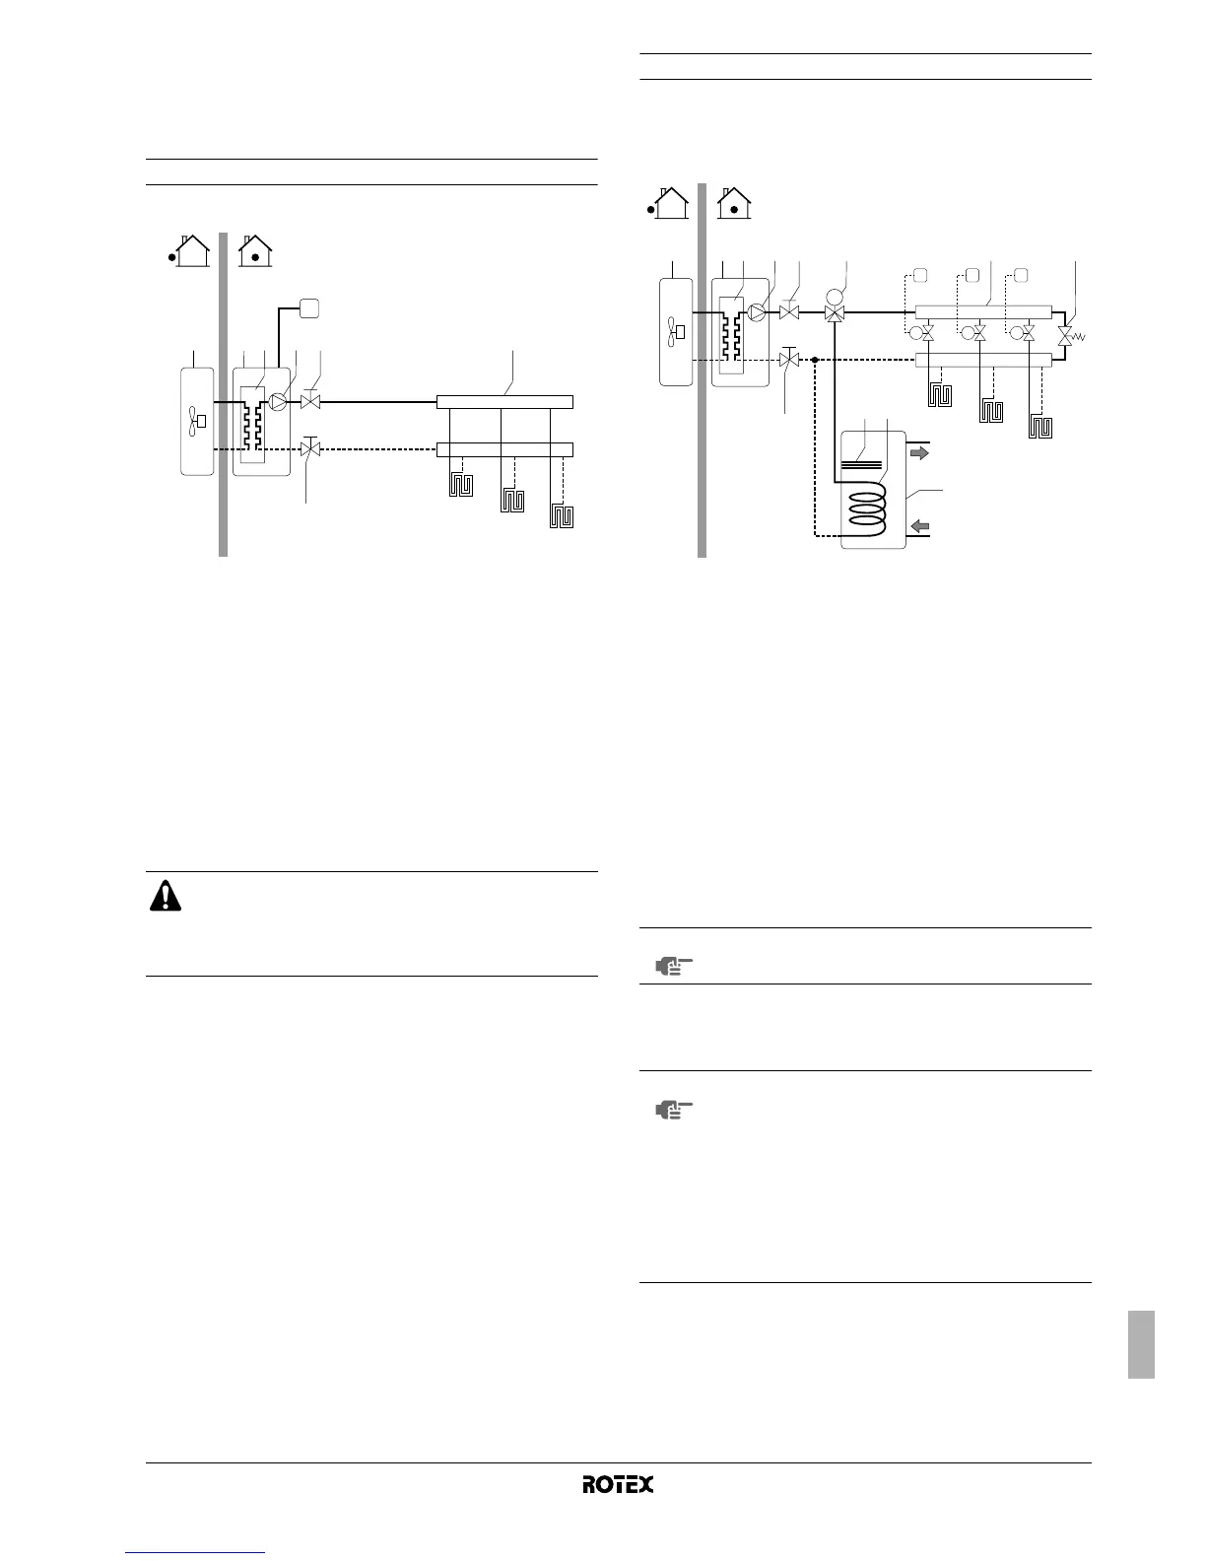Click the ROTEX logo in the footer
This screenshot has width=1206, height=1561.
pyautogui.click(x=618, y=1484)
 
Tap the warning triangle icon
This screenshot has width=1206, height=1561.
pyautogui.click(x=165, y=895)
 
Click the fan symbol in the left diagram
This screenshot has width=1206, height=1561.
pyautogui.click(x=196, y=421)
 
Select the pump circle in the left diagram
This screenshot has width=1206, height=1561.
pyautogui.click(x=279, y=402)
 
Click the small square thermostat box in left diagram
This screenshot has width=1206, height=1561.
pyautogui.click(x=311, y=307)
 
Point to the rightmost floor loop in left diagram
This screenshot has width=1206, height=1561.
pyautogui.click(x=563, y=515)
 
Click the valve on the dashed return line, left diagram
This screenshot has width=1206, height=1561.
pyautogui.click(x=310, y=449)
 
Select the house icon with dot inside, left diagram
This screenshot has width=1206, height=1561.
pyautogui.click(x=256, y=251)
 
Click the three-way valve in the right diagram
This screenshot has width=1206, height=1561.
pyautogui.click(x=836, y=313)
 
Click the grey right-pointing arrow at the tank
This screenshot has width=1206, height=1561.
pyautogui.click(x=918, y=454)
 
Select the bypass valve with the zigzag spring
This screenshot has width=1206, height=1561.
pyautogui.click(x=1064, y=336)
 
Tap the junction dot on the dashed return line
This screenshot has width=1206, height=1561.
pyautogui.click(x=815, y=360)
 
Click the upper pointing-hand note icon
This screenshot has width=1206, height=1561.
pyautogui.click(x=673, y=967)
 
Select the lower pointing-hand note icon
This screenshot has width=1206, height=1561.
pyautogui.click(x=673, y=1111)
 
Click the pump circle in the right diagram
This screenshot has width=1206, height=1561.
pyautogui.click(x=757, y=313)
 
